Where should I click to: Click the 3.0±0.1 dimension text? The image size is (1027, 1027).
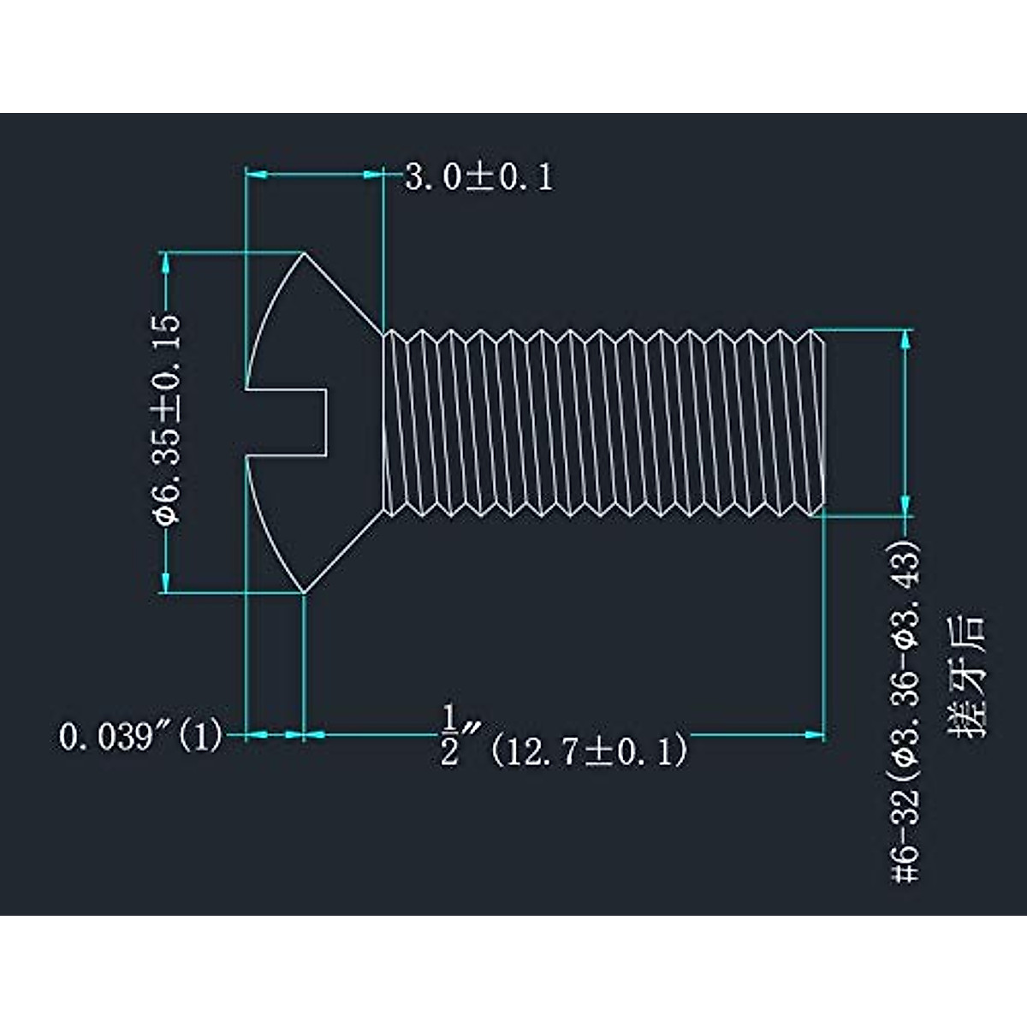click(478, 177)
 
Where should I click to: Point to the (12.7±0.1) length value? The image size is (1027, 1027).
click(590, 751)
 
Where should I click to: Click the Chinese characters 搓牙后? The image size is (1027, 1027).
click(966, 676)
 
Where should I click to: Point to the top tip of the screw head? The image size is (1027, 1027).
click(305, 252)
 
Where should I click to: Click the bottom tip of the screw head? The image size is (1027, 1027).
click(304, 591)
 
